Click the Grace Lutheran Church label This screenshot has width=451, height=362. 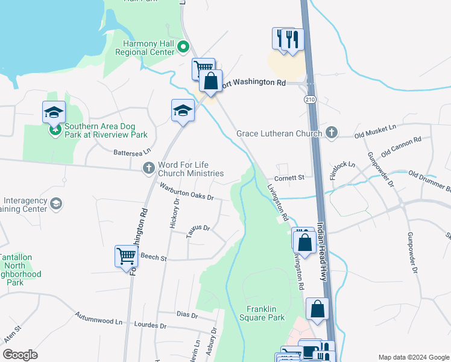[279, 133]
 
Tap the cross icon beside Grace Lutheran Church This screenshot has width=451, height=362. [331, 132]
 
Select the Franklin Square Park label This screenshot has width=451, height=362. [262, 313]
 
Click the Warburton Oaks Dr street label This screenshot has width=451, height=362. [186, 191]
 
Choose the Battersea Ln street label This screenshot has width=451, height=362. [131, 153]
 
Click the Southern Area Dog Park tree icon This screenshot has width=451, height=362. [55, 130]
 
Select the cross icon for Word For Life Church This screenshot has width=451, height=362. [149, 169]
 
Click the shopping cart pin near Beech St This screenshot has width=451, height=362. [126, 256]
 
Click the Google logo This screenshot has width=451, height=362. [20, 355]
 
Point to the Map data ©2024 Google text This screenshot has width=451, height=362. [413, 357]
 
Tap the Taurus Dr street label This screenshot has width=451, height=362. [198, 232]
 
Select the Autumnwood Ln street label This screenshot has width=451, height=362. [98, 319]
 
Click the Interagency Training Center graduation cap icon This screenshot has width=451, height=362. [56, 203]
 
